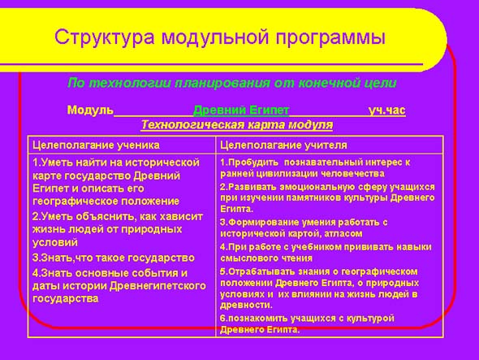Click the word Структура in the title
[105, 38]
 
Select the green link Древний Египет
[241, 110]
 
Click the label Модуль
[90, 110]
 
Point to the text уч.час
[387, 110]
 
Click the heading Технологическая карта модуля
[237, 125]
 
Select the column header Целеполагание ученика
[96, 145]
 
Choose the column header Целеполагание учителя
[283, 145]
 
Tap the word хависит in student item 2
[184, 216]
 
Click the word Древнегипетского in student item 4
[158, 286]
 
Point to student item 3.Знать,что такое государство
[114, 258]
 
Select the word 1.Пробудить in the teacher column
[249, 163]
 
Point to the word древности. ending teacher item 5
[246, 305]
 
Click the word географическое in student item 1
[76, 202]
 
